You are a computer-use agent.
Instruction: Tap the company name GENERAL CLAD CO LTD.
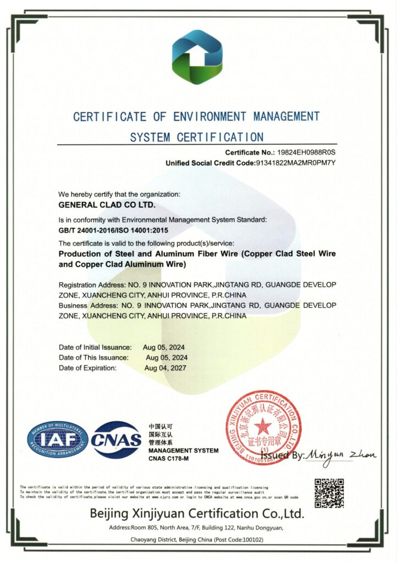(x=107, y=205)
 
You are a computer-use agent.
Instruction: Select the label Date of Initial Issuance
(x=95, y=347)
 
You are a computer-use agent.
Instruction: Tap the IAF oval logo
(x=58, y=439)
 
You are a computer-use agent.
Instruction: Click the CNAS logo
(x=117, y=440)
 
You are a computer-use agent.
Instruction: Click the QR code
(x=329, y=493)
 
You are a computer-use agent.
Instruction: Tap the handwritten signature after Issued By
(x=341, y=455)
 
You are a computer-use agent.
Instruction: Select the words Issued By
(x=281, y=456)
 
